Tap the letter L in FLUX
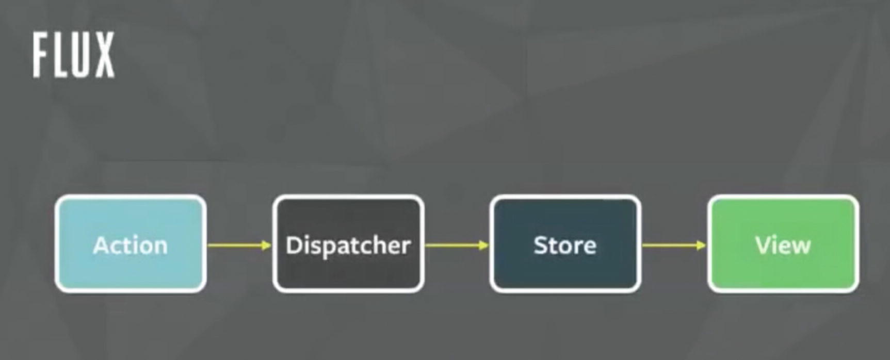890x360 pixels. (x=59, y=55)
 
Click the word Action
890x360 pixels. (x=131, y=245)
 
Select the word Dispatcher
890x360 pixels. (x=348, y=245)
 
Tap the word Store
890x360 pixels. (x=565, y=245)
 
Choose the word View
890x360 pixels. (x=783, y=245)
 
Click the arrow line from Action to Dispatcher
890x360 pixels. (x=235, y=246)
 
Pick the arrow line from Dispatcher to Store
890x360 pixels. (x=452, y=246)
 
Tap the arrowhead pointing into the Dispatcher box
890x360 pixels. (x=266, y=246)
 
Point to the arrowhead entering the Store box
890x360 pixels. (x=483, y=246)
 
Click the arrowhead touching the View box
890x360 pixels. (x=701, y=246)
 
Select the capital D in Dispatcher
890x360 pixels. (x=294, y=245)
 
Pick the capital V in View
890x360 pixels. (x=763, y=245)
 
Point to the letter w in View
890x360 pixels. (x=801, y=247)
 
